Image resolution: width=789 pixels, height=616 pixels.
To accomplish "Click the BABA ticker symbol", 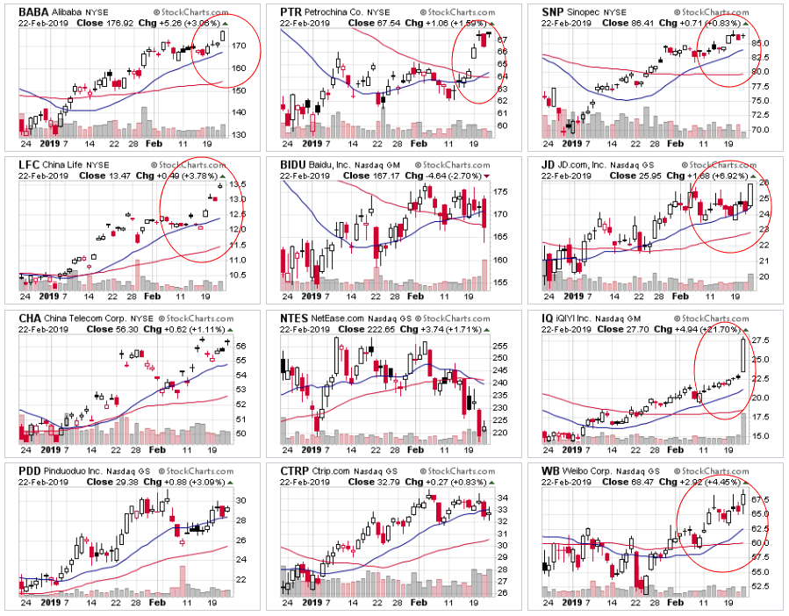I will click(x=32, y=11).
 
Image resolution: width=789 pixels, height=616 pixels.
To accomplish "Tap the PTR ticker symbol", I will click(x=292, y=11).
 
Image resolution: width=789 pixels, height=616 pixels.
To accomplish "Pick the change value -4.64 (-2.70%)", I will click(x=439, y=176).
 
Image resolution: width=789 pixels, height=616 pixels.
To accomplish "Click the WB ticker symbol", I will click(x=553, y=471).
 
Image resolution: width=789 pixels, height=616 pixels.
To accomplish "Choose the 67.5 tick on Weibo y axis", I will click(x=761, y=499).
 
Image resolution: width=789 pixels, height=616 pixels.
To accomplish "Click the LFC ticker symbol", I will click(x=29, y=164).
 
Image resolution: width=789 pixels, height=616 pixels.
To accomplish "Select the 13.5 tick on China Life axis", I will click(x=238, y=184).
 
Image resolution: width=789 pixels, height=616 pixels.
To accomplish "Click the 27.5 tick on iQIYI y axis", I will click(x=761, y=340).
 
